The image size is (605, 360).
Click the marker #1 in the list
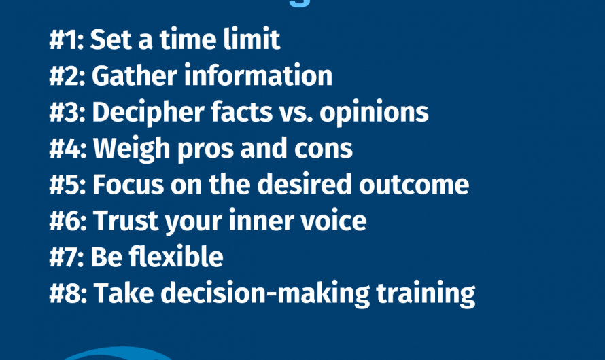[x=66, y=39]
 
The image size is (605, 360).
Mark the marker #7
[x=67, y=257]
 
